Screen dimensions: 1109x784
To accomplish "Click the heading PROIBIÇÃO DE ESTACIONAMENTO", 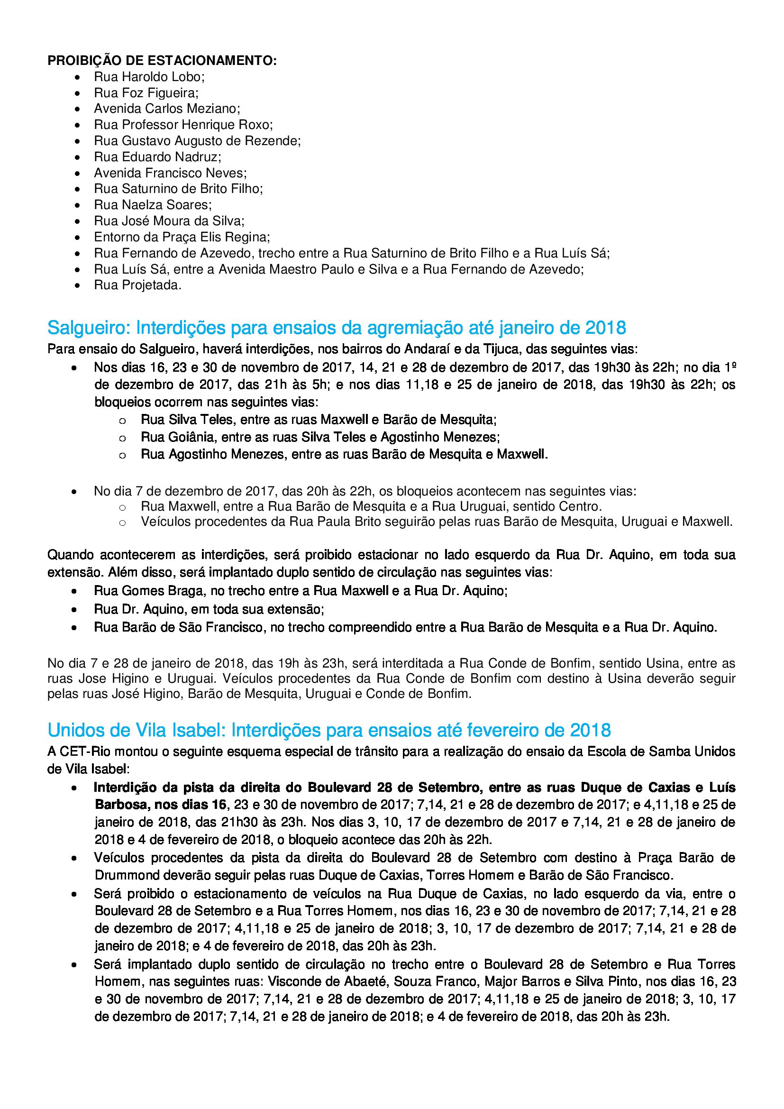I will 162,61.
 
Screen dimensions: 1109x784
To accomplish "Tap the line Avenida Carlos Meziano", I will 166,109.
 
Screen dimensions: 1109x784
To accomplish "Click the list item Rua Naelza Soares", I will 153,205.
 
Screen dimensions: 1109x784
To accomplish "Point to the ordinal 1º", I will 730,367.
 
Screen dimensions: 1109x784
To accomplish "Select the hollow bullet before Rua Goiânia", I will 122,438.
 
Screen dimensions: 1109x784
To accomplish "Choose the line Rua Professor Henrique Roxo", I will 183,125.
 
